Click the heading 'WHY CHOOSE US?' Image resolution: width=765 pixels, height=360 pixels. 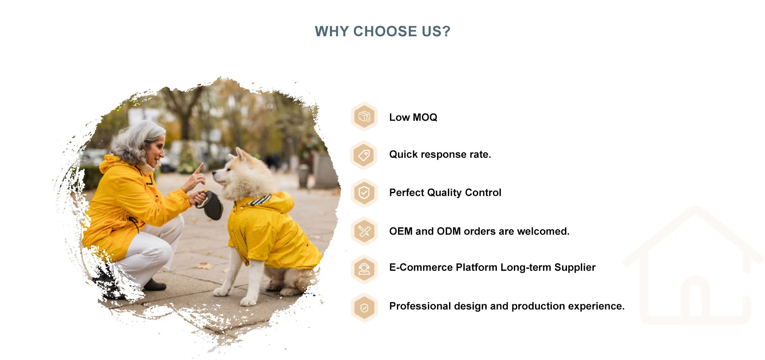tap(382, 31)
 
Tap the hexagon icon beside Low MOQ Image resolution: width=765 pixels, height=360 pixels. tap(364, 117)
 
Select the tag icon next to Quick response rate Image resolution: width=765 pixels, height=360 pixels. tap(364, 155)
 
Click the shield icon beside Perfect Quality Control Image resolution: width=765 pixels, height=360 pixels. tap(364, 193)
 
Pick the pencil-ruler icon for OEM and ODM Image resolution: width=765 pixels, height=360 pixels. tap(364, 231)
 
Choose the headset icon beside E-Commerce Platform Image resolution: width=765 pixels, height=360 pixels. tap(364, 269)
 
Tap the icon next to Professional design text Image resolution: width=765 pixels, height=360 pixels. tap(364, 307)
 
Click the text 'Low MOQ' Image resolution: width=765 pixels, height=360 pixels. tap(413, 117)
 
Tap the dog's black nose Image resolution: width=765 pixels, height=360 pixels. tap(214, 173)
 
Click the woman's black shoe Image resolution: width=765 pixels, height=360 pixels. tap(155, 285)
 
